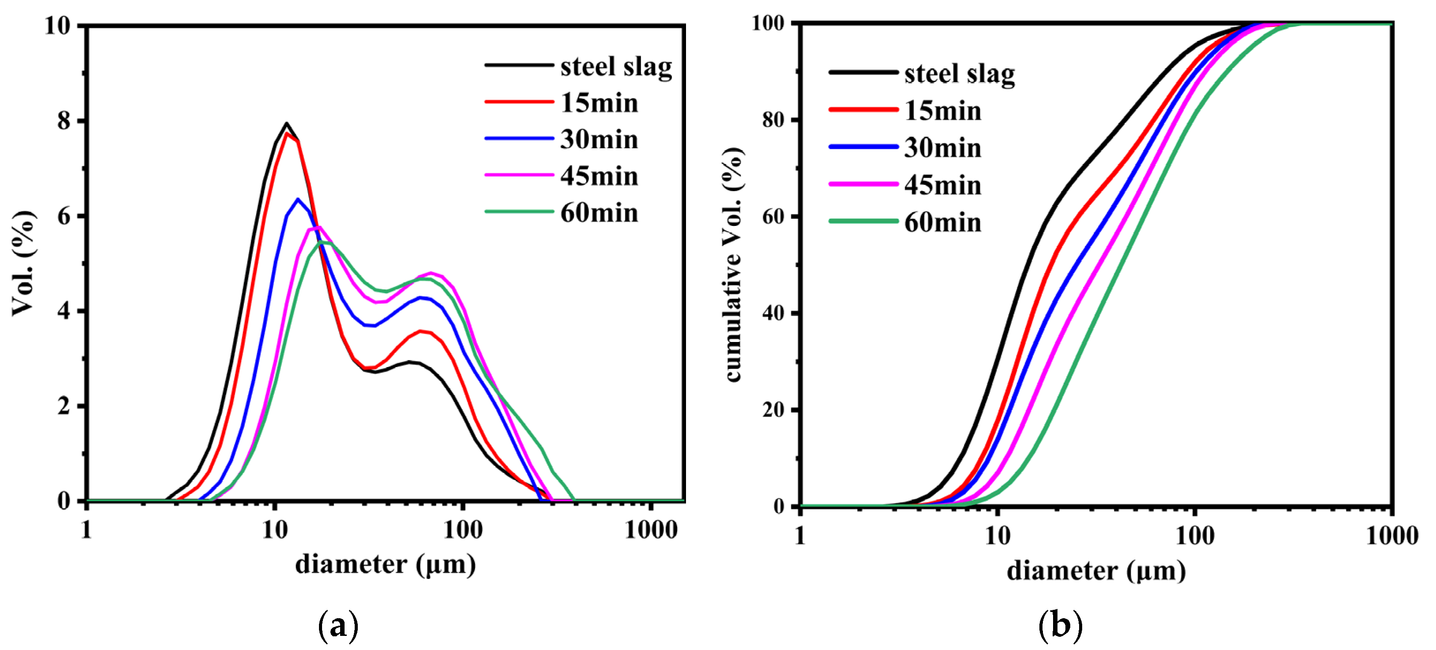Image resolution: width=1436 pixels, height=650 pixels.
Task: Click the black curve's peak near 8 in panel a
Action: click(x=286, y=123)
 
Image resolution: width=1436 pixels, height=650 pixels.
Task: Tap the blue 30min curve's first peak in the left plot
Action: click(x=298, y=199)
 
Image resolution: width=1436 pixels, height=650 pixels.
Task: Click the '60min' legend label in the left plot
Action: click(x=599, y=213)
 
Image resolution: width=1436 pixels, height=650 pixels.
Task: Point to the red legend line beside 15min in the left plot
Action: click(x=518, y=102)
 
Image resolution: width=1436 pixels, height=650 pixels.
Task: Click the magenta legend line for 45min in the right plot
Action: click(x=863, y=184)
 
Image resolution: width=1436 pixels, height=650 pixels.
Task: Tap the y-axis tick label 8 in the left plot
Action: click(x=64, y=121)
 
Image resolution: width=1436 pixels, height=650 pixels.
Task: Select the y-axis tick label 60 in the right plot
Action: click(x=773, y=216)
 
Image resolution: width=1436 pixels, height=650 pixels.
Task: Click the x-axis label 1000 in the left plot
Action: click(x=651, y=530)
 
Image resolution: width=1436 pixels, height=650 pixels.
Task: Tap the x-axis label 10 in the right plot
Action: click(x=997, y=536)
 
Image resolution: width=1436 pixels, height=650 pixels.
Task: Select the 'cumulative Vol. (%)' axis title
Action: click(x=734, y=264)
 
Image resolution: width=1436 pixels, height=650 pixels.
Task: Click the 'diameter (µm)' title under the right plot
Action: click(x=1096, y=571)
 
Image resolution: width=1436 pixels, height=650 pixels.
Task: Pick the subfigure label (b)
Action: click(x=1060, y=625)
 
